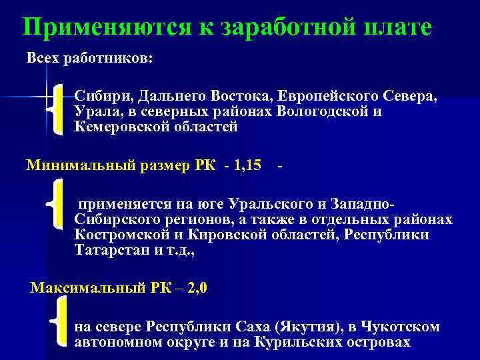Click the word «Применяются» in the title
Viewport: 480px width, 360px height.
tap(107, 27)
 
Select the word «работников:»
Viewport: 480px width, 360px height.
tap(108, 59)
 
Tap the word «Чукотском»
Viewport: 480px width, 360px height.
tap(401, 327)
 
